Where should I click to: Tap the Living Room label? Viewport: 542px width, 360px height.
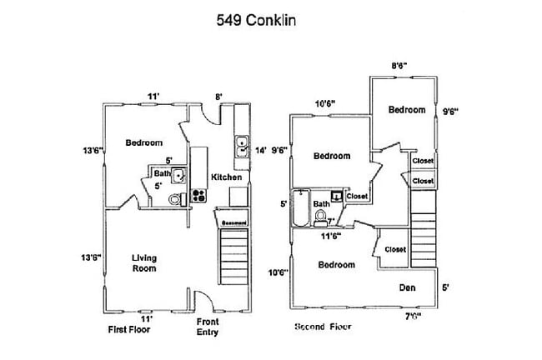(x=144, y=263)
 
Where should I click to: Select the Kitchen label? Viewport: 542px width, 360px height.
(x=226, y=177)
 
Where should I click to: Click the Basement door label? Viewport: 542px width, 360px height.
(x=232, y=222)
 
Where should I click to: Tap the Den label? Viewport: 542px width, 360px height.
(x=407, y=287)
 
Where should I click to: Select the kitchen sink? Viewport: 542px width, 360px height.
(x=240, y=147)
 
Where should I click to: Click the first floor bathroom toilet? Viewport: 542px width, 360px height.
(x=173, y=199)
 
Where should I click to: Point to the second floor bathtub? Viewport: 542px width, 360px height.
(x=299, y=208)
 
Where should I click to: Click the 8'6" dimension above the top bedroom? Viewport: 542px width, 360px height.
(x=400, y=65)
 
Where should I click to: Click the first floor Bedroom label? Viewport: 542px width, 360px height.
(x=143, y=142)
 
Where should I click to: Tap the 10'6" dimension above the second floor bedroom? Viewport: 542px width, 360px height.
(x=324, y=104)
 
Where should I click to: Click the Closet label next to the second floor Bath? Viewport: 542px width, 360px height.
(x=357, y=196)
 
